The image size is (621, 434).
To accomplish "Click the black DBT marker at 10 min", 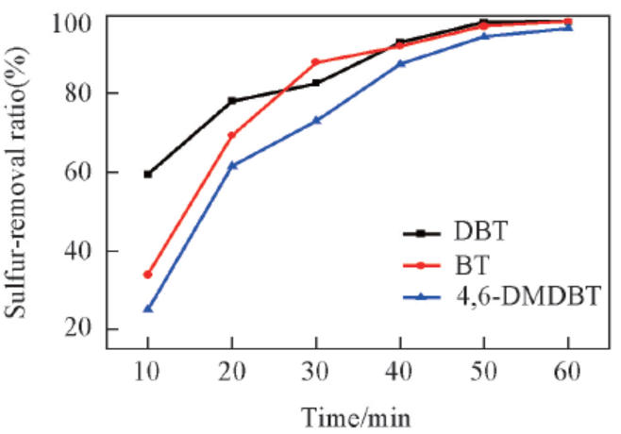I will click(x=148, y=175).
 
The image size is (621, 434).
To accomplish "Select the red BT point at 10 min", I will click(x=148, y=275).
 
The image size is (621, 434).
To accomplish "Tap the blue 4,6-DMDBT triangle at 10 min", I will click(x=148, y=309).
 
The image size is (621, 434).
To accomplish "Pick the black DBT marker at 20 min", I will click(x=232, y=101).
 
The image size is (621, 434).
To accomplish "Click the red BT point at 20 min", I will click(x=232, y=136).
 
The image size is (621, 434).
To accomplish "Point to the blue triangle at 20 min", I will click(x=232, y=165).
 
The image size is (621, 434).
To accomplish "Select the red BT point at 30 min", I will click(x=316, y=63).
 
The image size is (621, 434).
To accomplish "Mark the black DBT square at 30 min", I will click(x=316, y=83).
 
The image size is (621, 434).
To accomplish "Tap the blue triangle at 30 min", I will click(x=316, y=120).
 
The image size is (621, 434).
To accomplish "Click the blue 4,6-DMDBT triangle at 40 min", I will click(x=401, y=63).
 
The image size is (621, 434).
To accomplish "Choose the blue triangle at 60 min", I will click(x=568, y=27).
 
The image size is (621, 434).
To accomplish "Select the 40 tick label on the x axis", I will click(x=401, y=373).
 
